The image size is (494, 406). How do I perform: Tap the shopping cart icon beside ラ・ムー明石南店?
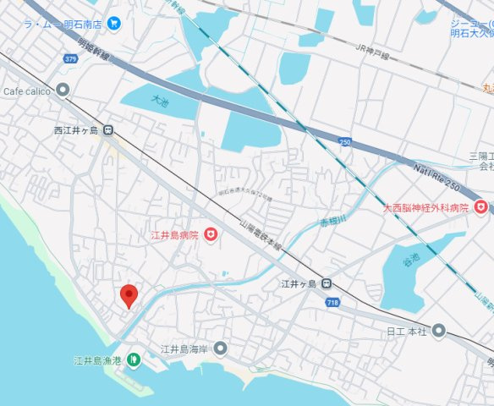coord(116,24)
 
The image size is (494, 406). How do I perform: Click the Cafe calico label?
coord(27,91)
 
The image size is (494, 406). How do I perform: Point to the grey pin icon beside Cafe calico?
coord(63,91)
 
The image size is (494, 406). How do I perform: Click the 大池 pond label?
coord(160,100)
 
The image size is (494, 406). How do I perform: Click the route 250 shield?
coord(344,141)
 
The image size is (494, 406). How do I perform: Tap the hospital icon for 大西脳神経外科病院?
coord(480,206)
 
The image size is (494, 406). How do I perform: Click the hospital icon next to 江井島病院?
coord(210,234)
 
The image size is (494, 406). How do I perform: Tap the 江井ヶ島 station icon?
coord(327,283)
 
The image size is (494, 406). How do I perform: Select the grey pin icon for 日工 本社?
coord(438,330)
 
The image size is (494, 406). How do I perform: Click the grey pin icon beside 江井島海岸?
coord(221,348)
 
